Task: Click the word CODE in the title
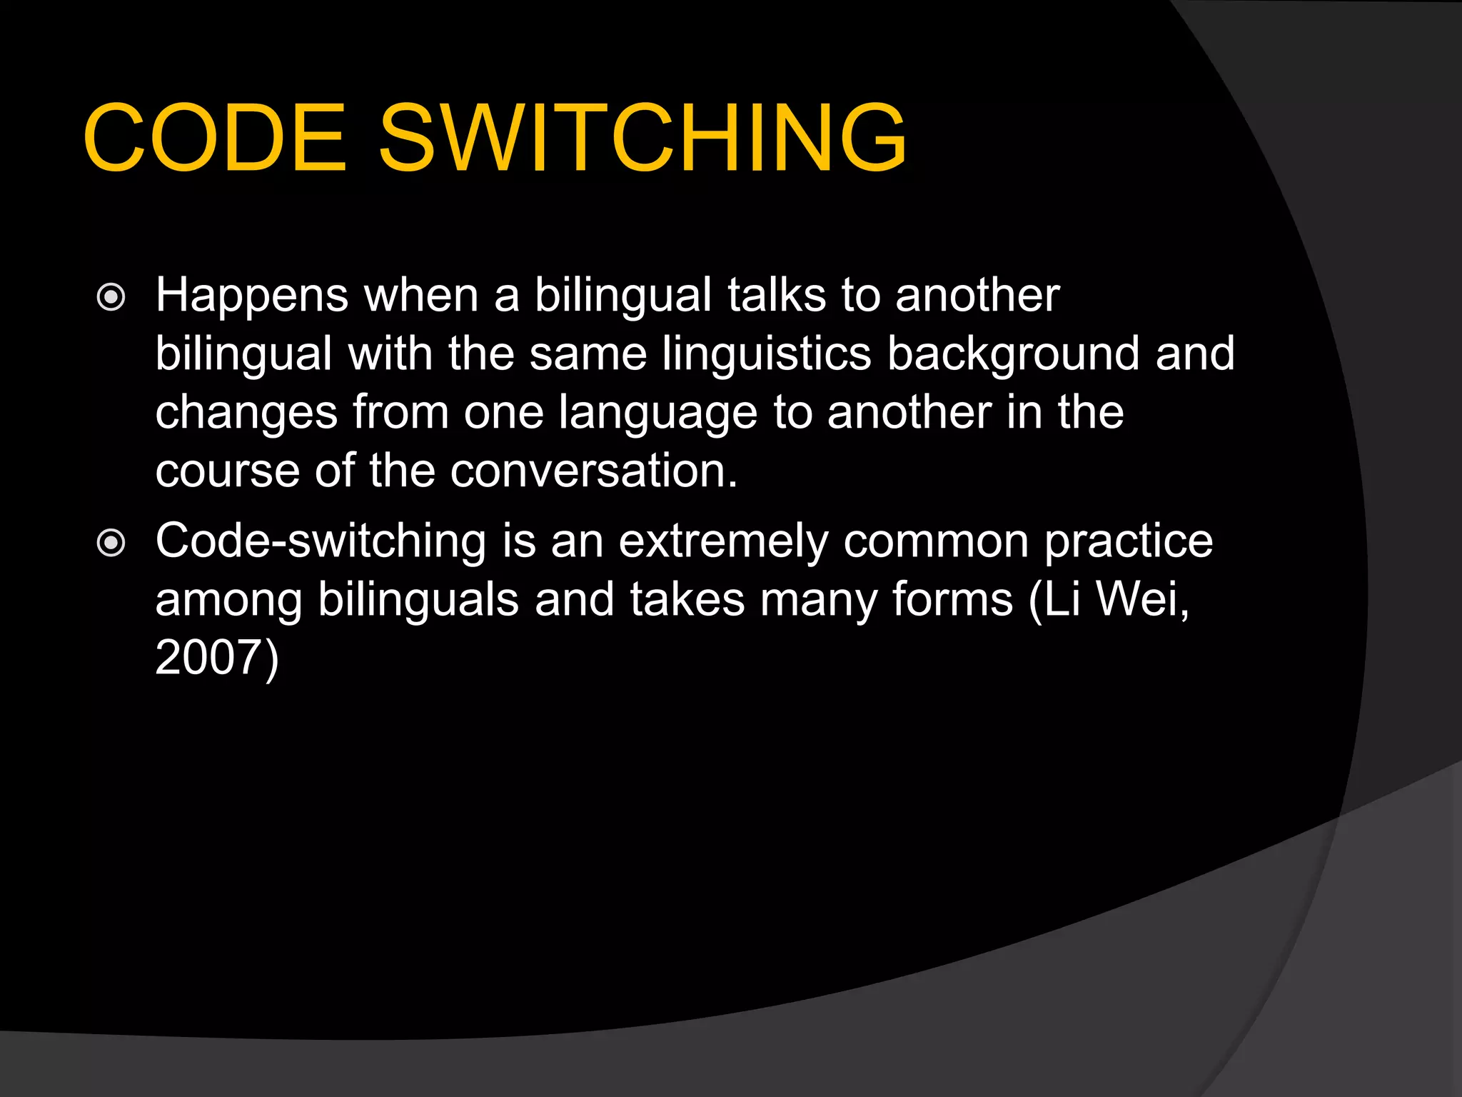tap(215, 138)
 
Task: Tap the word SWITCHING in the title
tap(642, 138)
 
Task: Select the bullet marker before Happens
tap(111, 297)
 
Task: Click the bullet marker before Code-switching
tap(111, 544)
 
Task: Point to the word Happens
tap(252, 296)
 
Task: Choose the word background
tap(1013, 356)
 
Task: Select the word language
tap(657, 414)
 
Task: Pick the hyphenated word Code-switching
tap(321, 541)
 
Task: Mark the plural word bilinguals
tap(418, 600)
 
